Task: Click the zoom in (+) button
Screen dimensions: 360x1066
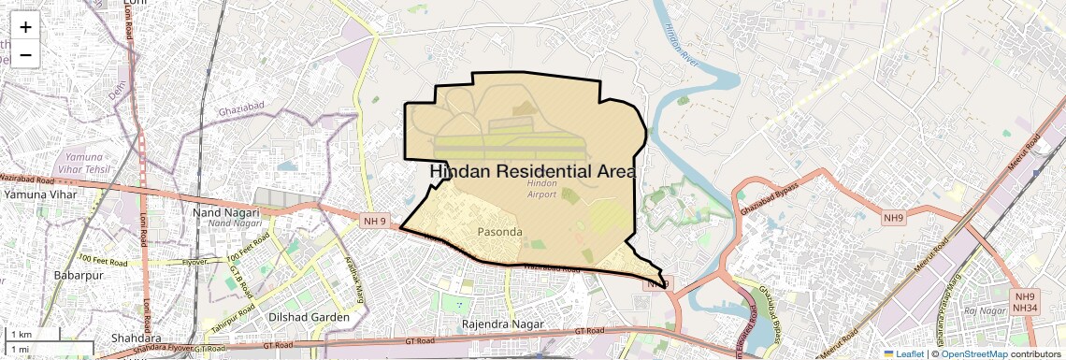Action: (x=25, y=27)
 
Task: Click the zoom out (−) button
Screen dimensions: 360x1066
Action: (x=25, y=54)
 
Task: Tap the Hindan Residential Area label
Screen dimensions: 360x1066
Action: (x=532, y=172)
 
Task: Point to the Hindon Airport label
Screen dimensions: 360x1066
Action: (x=542, y=189)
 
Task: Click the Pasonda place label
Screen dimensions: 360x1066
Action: (x=499, y=231)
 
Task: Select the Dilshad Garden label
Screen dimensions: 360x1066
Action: (x=310, y=317)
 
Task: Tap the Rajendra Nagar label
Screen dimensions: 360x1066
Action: (x=502, y=324)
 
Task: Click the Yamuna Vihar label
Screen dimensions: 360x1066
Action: (x=38, y=194)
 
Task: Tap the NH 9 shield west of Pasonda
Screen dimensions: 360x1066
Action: (x=372, y=221)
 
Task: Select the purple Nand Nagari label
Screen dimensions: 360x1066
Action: (x=235, y=223)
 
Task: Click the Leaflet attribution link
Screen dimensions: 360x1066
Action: (x=902, y=353)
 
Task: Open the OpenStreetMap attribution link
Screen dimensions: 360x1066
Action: (x=973, y=353)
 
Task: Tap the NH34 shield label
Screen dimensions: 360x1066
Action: (x=1024, y=308)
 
